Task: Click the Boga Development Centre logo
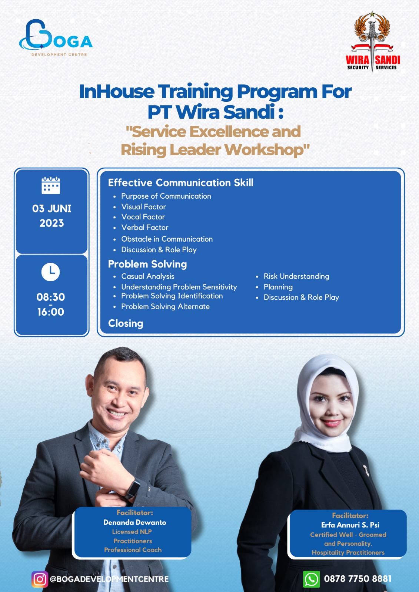(56, 37)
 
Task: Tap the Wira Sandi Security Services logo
(373, 42)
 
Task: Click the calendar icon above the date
(51, 185)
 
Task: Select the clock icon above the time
(50, 272)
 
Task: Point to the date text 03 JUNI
(51, 209)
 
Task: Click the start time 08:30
(50, 297)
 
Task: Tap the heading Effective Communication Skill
(180, 183)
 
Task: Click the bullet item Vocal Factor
(143, 217)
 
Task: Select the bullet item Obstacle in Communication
(167, 239)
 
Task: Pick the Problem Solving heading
(147, 264)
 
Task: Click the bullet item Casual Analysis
(148, 276)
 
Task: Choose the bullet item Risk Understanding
(296, 276)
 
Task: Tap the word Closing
(126, 323)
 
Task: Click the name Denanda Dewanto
(135, 522)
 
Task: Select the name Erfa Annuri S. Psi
(350, 525)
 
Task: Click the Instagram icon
(40, 579)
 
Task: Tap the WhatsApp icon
(311, 579)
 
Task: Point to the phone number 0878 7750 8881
(358, 579)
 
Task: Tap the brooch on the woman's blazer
(366, 470)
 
